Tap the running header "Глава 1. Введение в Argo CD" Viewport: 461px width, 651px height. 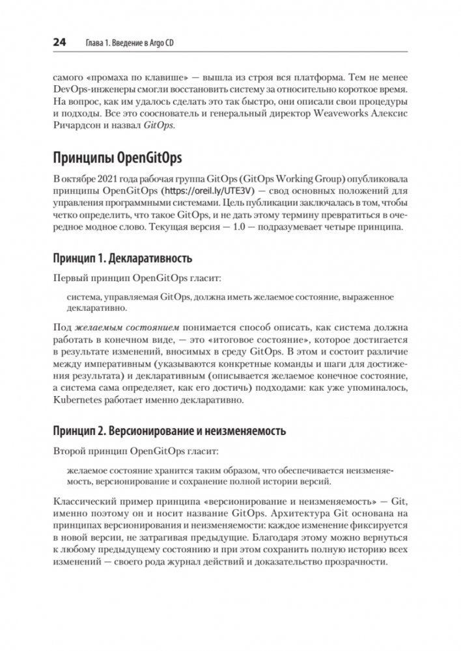coord(133,44)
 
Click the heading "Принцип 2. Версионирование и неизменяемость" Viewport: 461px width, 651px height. coord(169,431)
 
